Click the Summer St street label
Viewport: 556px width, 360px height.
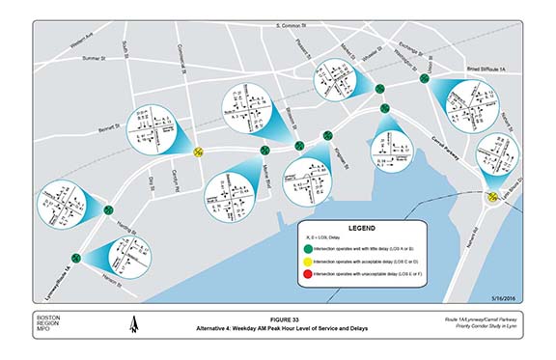tap(98, 59)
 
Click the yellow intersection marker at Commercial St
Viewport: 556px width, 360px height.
tap(198, 151)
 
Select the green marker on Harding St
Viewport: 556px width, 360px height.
tap(108, 209)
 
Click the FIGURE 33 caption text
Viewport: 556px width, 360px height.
tap(277, 319)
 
